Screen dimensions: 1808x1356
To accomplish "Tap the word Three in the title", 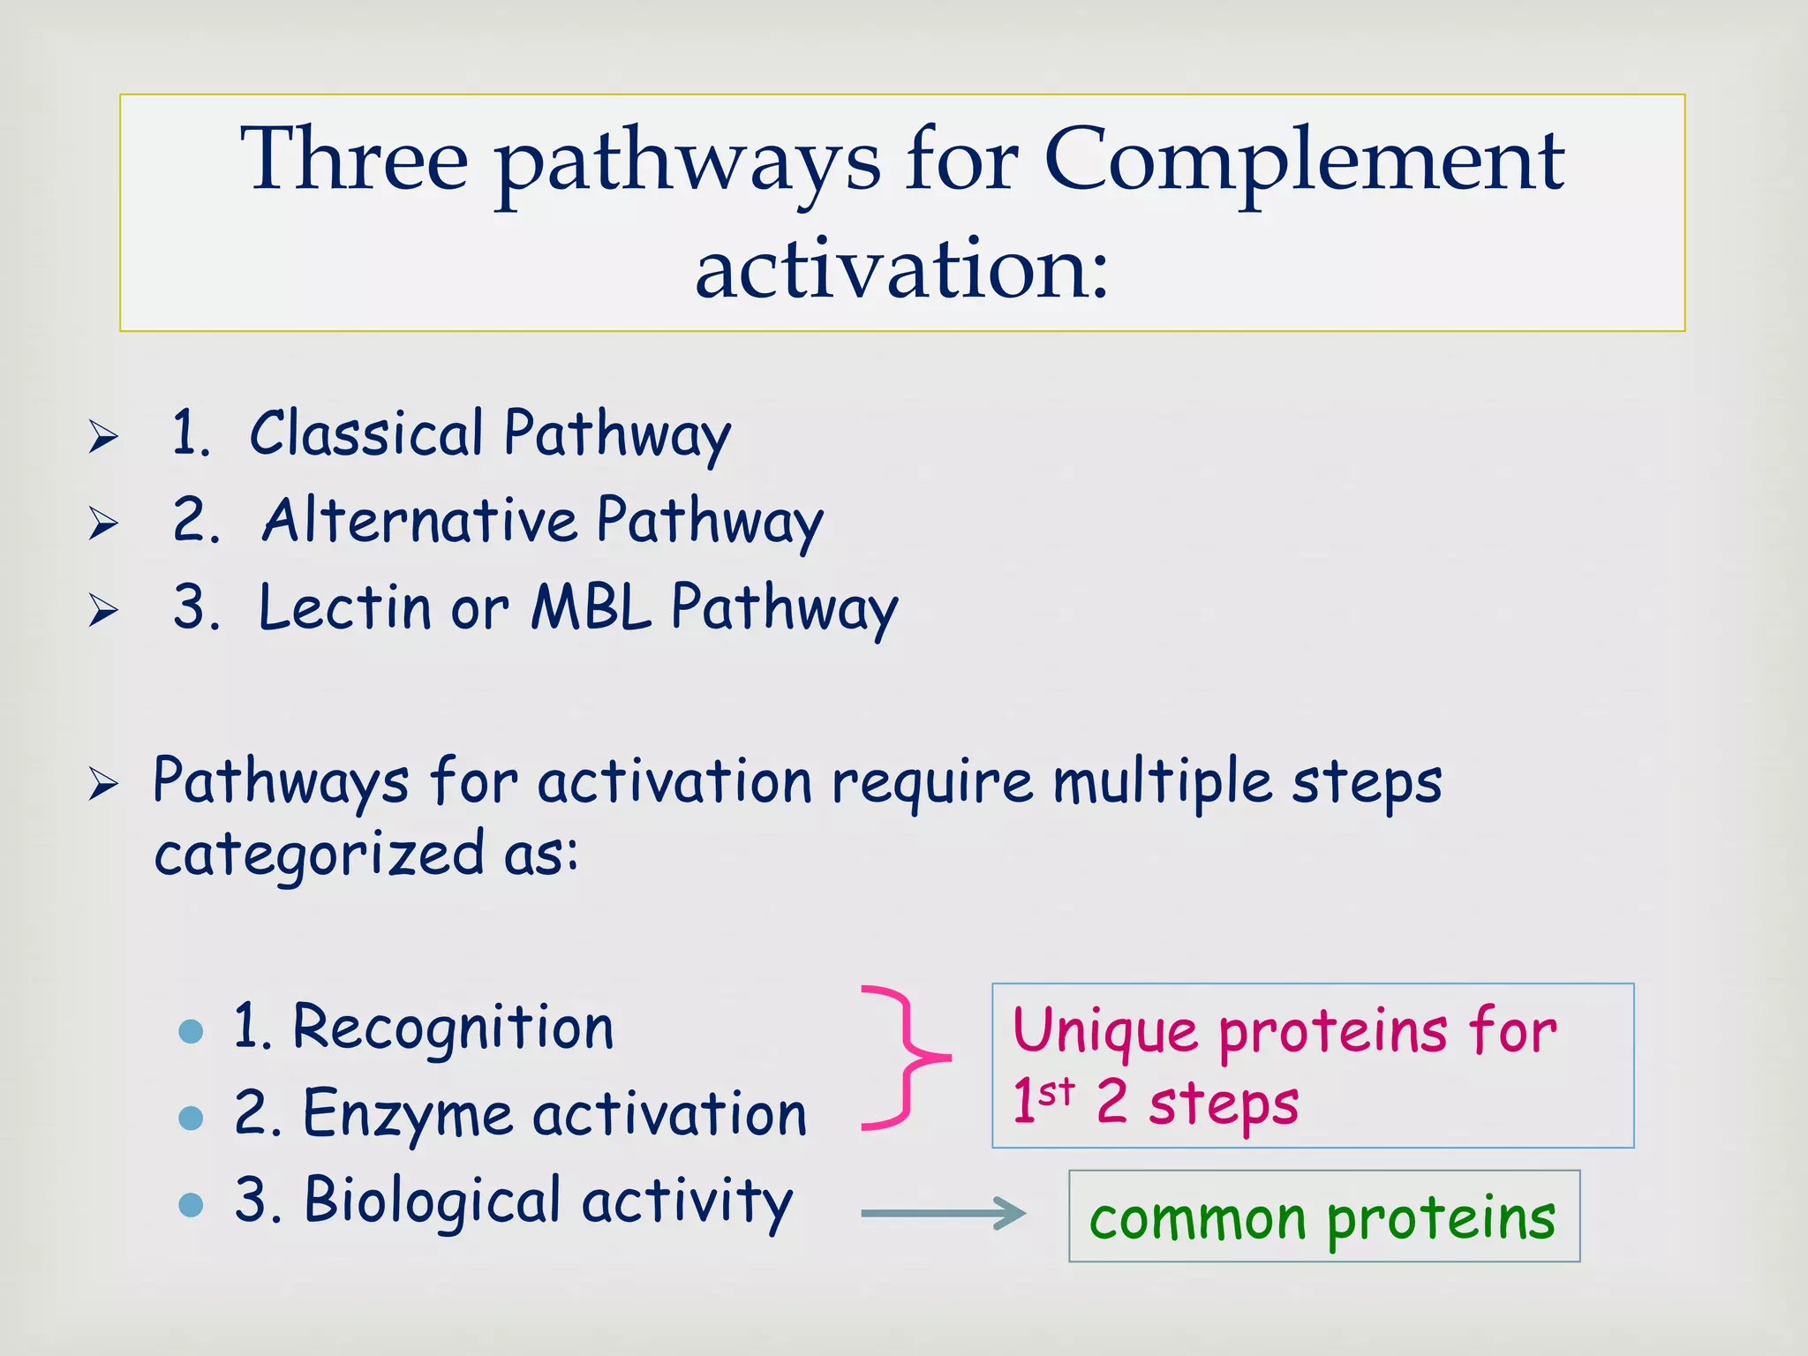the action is tap(354, 159).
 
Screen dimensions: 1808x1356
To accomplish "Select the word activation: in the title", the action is tap(901, 269).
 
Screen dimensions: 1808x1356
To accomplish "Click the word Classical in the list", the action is tap(365, 433).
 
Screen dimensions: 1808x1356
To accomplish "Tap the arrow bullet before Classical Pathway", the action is tap(103, 437).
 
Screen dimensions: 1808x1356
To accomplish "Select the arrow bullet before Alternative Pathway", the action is tap(103, 524).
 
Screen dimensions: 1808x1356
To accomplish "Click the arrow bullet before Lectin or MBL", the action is tap(103, 610).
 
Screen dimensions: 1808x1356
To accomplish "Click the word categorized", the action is tap(319, 855).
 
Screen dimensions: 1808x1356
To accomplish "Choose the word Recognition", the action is tap(453, 1028).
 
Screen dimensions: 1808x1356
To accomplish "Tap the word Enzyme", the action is tap(407, 1114).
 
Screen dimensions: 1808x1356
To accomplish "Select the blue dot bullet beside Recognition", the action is tap(191, 1031).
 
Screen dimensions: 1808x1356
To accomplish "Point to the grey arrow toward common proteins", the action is tap(943, 1213).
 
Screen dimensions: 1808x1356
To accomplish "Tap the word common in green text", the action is tap(1197, 1219).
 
